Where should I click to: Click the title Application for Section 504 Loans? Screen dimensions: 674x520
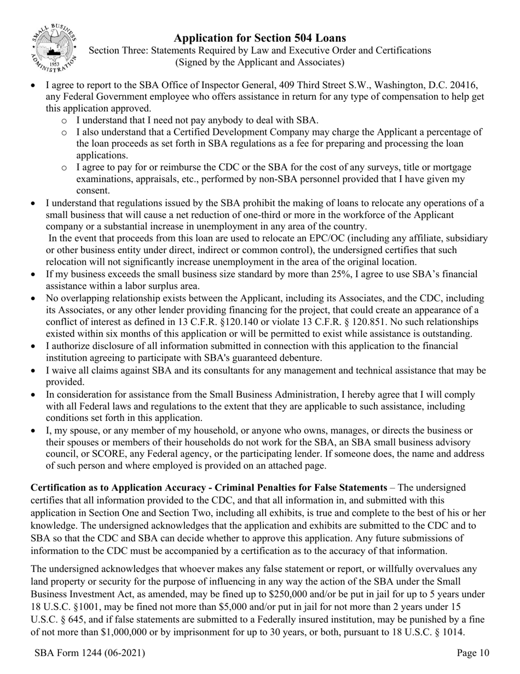(x=259, y=38)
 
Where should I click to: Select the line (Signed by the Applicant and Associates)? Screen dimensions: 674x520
(x=259, y=62)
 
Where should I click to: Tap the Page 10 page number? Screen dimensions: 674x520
(x=473, y=653)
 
